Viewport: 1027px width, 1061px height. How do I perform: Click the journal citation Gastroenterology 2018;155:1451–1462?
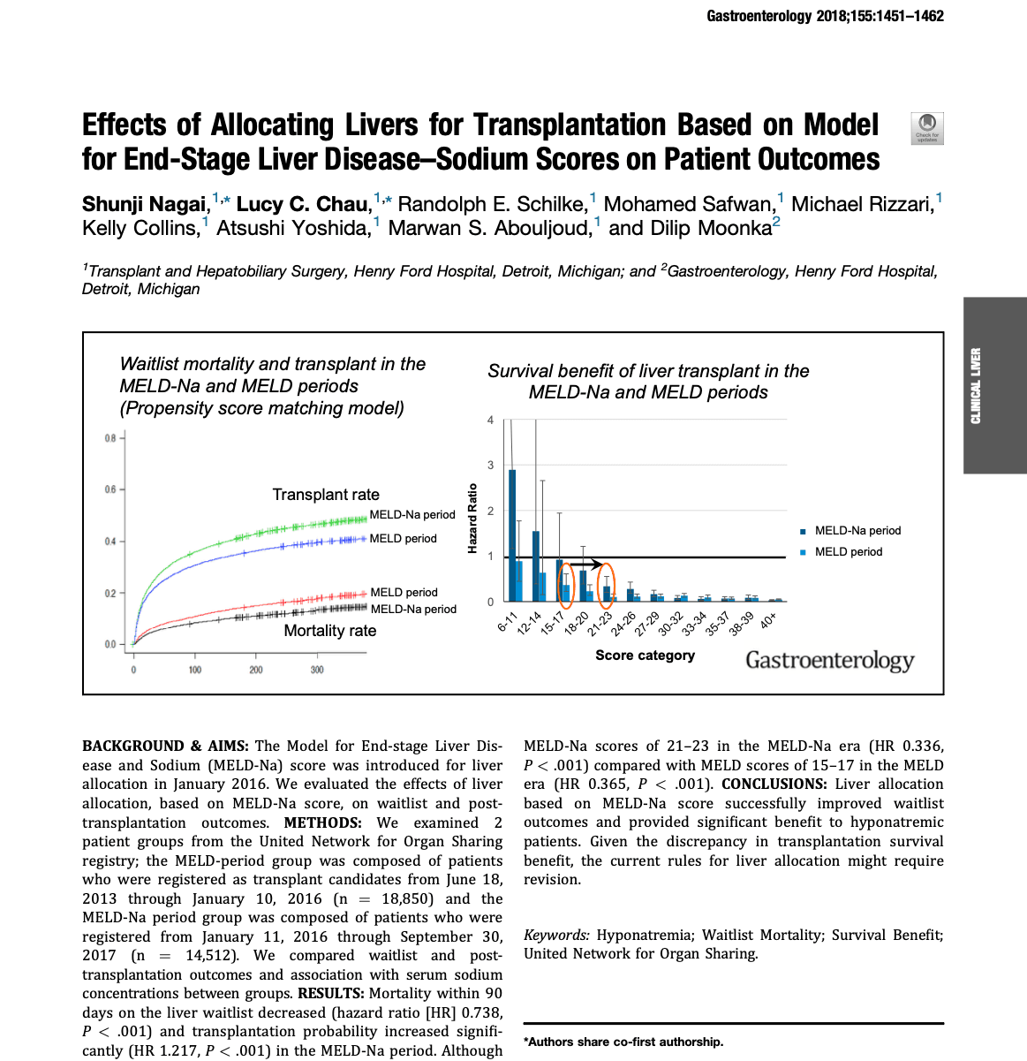coord(825,16)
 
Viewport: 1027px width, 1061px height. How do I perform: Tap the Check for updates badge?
coord(926,128)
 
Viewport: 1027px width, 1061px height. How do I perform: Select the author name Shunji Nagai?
coord(144,204)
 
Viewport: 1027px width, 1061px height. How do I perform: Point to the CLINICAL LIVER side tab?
coord(976,385)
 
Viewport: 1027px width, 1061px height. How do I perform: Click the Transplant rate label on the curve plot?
coord(326,495)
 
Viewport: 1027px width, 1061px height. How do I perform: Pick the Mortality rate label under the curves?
coord(329,631)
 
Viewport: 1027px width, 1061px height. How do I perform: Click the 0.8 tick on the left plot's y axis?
coord(110,438)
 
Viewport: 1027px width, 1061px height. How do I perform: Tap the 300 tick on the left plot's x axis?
coord(317,670)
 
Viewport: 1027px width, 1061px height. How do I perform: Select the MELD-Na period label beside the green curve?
coord(412,514)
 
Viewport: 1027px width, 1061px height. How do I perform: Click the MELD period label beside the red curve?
coord(404,592)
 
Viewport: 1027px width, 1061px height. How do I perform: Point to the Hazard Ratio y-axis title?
coord(472,519)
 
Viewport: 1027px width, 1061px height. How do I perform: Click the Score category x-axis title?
coord(645,656)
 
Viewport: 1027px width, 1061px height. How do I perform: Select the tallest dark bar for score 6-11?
coord(512,534)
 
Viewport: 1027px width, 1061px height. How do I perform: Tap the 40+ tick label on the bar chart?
coord(768,620)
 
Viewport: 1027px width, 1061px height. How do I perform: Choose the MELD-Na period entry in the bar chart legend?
coord(857,531)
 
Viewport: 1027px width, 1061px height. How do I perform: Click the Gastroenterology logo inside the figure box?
coord(829,661)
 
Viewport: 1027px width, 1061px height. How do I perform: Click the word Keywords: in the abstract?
coord(556,935)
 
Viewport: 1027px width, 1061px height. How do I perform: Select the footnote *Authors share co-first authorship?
coord(623,1042)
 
